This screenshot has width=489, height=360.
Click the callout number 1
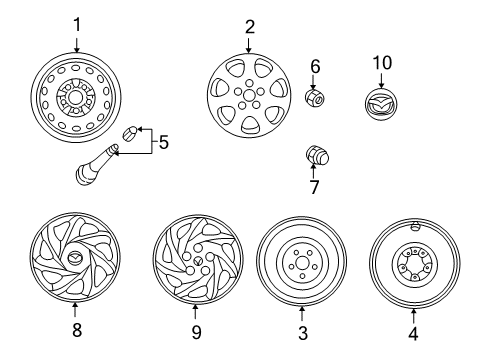(77, 25)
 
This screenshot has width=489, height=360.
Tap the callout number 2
(250, 27)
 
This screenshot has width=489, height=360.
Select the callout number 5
(164, 142)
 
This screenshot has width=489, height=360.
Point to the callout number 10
(382, 63)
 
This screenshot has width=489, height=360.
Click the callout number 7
(314, 187)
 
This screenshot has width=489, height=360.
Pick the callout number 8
(77, 330)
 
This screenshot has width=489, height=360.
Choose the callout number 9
(196, 332)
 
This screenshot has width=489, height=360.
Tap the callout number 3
(303, 333)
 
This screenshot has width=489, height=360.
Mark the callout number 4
(413, 333)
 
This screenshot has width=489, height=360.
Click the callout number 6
(315, 66)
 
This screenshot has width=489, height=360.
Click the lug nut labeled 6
(315, 97)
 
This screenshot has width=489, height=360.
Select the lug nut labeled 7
(317, 156)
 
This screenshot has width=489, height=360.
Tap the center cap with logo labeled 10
(381, 104)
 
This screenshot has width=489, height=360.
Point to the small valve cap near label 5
(130, 133)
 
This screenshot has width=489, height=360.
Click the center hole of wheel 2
(248, 95)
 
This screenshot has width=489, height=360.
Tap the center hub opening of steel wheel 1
(75, 97)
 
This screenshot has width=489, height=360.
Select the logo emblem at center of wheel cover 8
(74, 258)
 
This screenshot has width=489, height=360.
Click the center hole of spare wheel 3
(302, 262)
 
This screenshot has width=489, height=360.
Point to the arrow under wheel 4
(413, 316)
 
